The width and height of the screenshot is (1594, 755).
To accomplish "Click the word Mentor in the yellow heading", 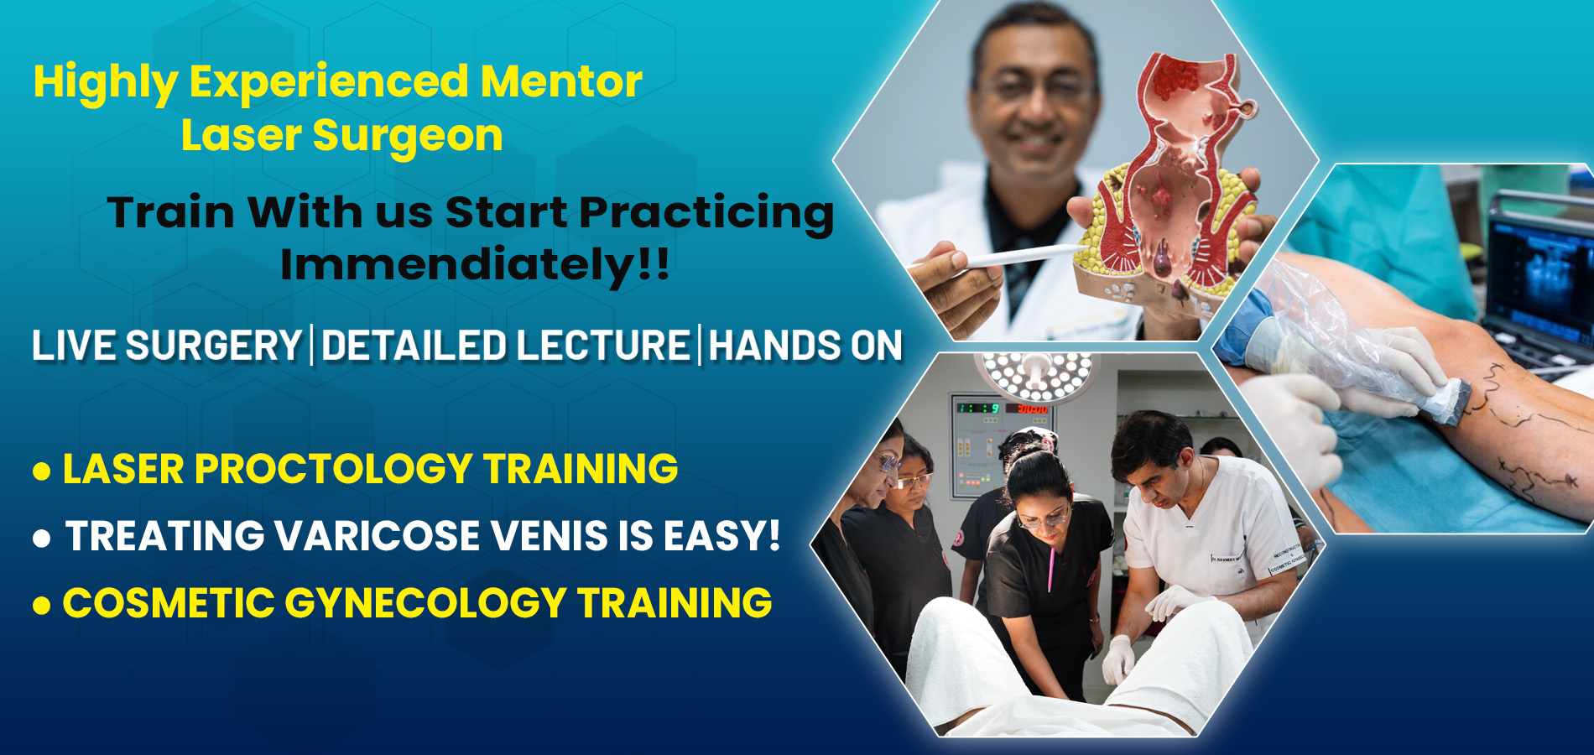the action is pyautogui.click(x=561, y=81).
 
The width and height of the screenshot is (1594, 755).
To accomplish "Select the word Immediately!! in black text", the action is pyautogui.click(x=475, y=265).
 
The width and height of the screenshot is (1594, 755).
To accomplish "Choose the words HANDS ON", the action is pyautogui.click(x=805, y=346).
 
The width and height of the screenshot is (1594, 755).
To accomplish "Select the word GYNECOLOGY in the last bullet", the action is pyautogui.click(x=425, y=603).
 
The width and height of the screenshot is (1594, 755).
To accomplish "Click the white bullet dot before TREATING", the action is pyautogui.click(x=42, y=538).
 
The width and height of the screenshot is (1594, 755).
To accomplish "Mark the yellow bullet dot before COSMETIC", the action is pyautogui.click(x=42, y=605).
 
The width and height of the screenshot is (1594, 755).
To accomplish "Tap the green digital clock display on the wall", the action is pyautogui.click(x=978, y=409).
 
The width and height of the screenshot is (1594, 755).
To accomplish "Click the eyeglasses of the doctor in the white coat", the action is pyautogui.click(x=1036, y=87).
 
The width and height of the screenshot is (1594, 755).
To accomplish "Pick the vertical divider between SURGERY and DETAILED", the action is pyautogui.click(x=312, y=346).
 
